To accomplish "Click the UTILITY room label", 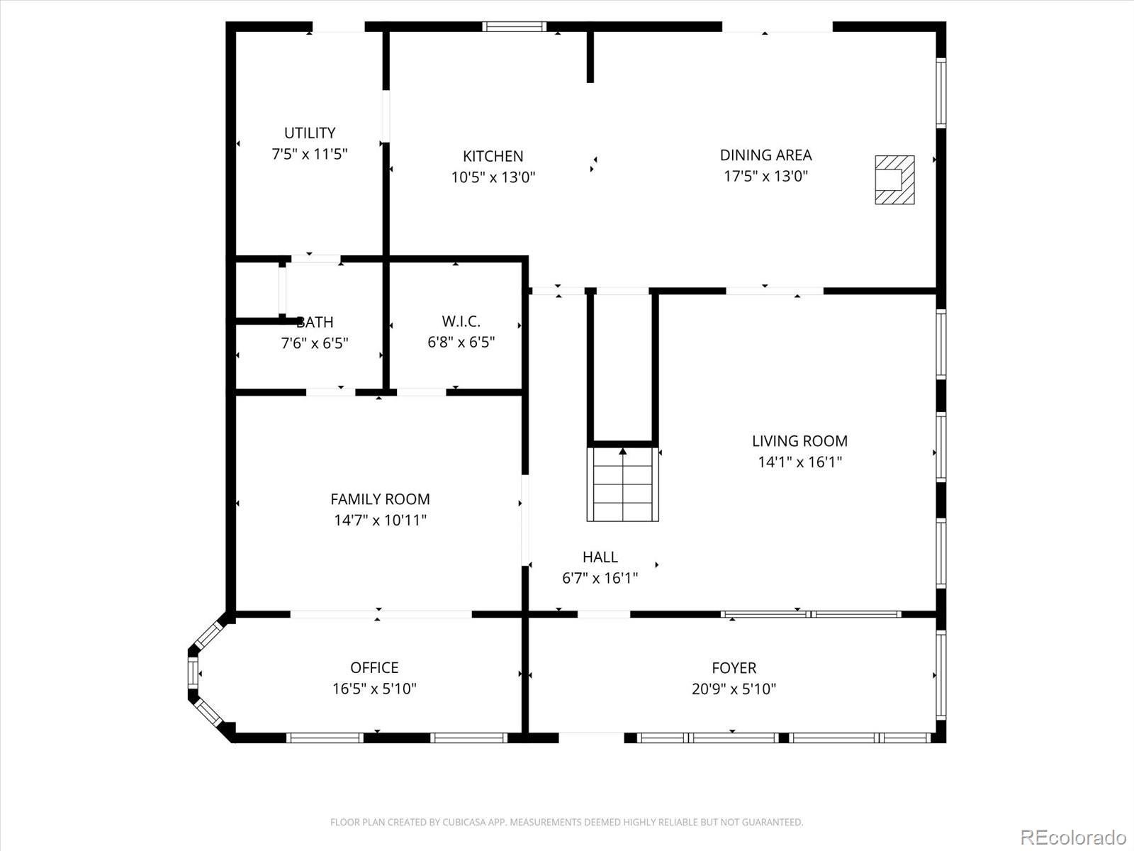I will click(x=310, y=133).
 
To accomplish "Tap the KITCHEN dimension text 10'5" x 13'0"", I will click(x=493, y=177).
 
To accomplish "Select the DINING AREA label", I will click(x=765, y=155).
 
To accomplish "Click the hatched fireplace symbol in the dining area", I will click(x=894, y=180).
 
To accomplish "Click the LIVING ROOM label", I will click(x=799, y=441).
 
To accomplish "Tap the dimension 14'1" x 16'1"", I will click(x=799, y=462).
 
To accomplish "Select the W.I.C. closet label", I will click(x=461, y=321).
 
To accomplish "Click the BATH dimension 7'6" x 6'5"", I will click(x=315, y=344).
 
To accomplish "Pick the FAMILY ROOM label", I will click(x=380, y=499).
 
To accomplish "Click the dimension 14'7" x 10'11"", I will click(x=380, y=521).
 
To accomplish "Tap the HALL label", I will click(x=600, y=557).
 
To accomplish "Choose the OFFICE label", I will click(x=374, y=667).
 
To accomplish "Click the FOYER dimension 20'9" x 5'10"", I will click(x=734, y=689).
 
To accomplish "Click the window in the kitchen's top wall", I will click(x=515, y=27).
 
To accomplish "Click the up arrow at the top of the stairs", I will click(x=623, y=451).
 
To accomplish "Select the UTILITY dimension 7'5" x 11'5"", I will click(x=310, y=154).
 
